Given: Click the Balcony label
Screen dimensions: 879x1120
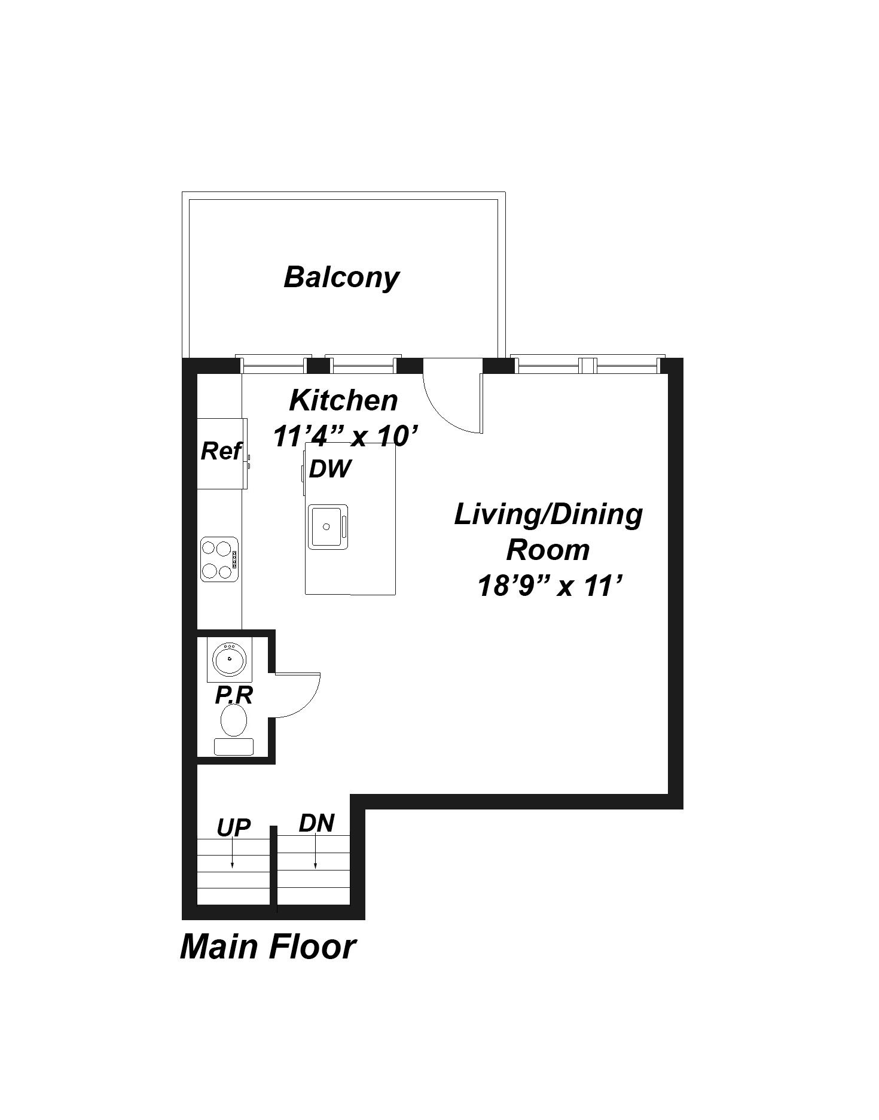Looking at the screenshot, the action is tap(341, 278).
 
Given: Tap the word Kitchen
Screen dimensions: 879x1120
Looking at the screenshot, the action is tap(343, 400).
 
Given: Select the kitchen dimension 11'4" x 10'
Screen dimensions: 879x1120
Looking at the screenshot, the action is tap(345, 436).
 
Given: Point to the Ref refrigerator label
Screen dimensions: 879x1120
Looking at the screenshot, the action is tap(221, 451).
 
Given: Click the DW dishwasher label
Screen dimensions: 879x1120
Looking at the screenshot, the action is tap(330, 469).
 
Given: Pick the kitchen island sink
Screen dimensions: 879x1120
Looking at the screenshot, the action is tap(327, 526).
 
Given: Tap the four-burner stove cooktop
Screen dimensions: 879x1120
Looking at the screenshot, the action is tap(219, 559).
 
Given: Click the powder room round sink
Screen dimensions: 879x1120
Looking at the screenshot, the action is tap(229, 659).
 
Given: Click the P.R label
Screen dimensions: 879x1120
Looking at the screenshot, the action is tap(234, 695).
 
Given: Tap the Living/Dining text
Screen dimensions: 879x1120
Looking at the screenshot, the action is tap(548, 515).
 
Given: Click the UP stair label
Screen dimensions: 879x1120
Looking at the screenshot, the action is tap(233, 827).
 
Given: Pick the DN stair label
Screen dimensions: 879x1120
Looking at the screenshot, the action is tap(316, 823).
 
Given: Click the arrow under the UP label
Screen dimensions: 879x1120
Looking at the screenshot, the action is tap(232, 854).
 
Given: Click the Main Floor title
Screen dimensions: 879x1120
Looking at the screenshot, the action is tap(268, 947).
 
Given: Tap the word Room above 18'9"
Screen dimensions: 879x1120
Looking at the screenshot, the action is tap(548, 550).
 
